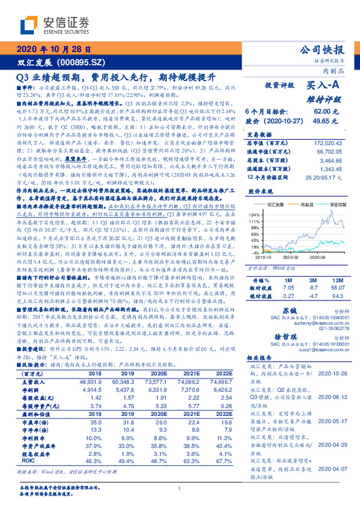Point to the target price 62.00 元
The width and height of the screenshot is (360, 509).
322,112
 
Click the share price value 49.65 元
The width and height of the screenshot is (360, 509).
322,121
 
